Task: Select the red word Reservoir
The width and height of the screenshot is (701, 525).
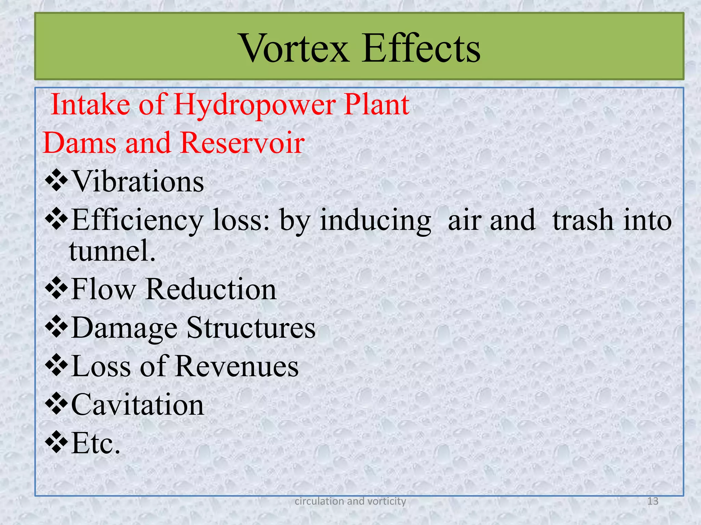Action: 242,143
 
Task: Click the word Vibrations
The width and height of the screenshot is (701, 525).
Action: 138,181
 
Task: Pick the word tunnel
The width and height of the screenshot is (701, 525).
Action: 112,251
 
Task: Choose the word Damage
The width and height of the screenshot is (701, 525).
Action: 125,328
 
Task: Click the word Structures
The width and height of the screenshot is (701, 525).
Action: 251,328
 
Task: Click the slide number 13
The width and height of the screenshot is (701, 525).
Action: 653,501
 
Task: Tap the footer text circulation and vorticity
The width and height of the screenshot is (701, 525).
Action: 350,501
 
